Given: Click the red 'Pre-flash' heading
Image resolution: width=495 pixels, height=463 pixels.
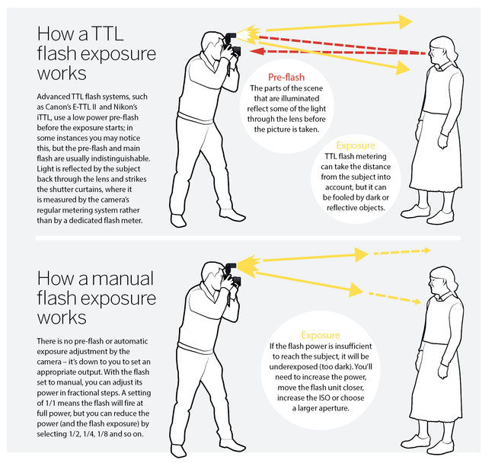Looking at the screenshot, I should point(286,78).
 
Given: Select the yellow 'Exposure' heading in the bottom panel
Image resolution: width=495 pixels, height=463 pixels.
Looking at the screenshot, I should point(319,334).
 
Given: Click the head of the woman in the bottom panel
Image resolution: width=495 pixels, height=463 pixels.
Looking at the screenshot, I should point(440,282).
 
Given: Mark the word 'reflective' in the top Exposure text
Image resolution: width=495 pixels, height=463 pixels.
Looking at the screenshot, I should point(334,207).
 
